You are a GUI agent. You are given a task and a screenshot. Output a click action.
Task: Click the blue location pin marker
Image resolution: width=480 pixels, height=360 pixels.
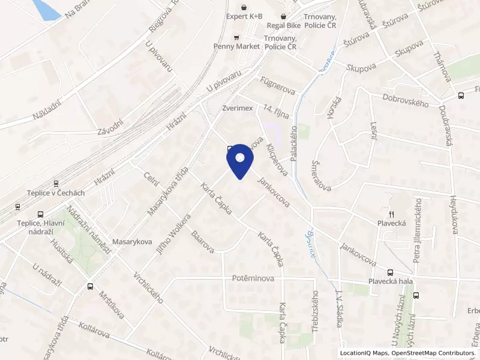[239, 160]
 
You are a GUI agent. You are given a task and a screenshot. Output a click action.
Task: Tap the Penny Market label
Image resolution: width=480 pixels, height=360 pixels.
[236, 46]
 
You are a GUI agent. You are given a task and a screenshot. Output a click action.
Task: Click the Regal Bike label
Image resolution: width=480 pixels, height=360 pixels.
[284, 26]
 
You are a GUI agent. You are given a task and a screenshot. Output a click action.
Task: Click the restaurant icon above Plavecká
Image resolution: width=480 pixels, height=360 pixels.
[391, 214]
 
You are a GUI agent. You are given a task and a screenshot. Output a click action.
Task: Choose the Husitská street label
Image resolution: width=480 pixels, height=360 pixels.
[62, 253]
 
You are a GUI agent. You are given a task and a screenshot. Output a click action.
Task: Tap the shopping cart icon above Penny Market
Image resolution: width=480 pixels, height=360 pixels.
[236, 36]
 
